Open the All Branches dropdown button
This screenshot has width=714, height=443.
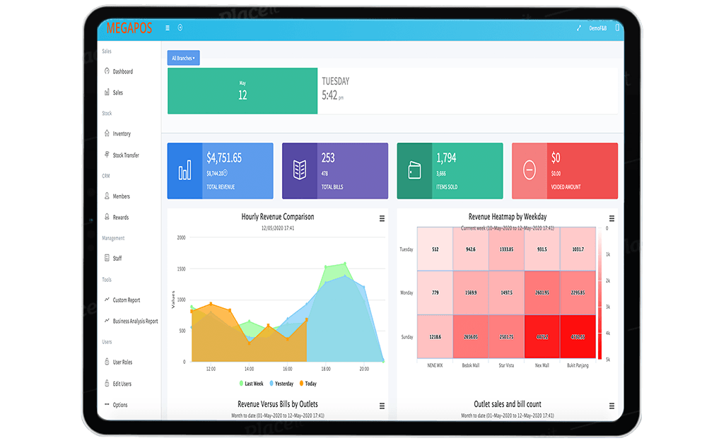tap(184, 58)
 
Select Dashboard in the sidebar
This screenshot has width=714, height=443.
tap(122, 71)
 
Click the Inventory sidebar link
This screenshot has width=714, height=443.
tap(122, 134)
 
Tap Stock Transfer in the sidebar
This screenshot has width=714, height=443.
tap(126, 155)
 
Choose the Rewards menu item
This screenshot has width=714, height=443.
tap(120, 217)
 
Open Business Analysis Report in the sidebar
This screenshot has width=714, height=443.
tap(135, 321)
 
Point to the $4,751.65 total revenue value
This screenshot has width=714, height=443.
tap(224, 158)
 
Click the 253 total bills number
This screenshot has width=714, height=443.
tap(328, 158)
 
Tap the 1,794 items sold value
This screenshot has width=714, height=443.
tap(446, 158)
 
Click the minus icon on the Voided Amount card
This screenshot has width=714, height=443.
tap(529, 170)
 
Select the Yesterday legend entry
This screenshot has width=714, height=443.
tap(283, 384)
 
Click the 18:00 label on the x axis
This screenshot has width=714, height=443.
tap(326, 369)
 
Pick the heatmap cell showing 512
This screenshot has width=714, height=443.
tap(435, 249)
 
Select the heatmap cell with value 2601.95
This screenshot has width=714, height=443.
tap(543, 293)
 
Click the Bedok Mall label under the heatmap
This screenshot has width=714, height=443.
tap(471, 365)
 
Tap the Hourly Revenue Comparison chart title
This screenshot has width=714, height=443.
tap(277, 217)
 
